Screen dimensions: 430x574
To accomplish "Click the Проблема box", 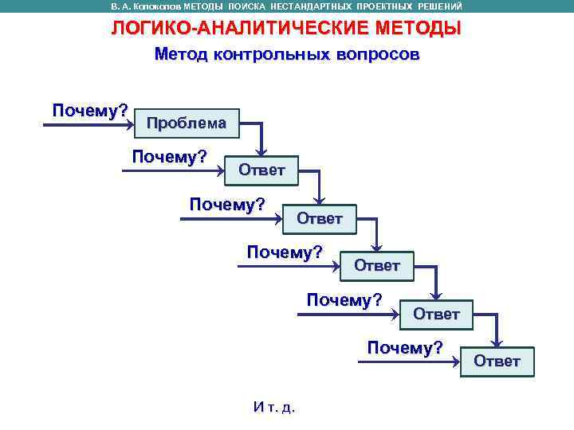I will (187, 123).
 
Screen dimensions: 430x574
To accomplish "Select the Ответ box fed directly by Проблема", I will (261, 170).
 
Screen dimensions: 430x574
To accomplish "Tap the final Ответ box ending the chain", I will (497, 362).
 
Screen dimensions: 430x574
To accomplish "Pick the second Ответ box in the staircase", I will (320, 218).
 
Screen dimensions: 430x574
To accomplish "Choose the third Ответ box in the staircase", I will (377, 266).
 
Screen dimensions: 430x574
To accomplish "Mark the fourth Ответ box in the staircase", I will (437, 314).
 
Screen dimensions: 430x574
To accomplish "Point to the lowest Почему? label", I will (405, 347).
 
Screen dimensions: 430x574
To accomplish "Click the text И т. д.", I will (273, 407).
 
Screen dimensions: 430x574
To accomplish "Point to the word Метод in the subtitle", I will (180, 55).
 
